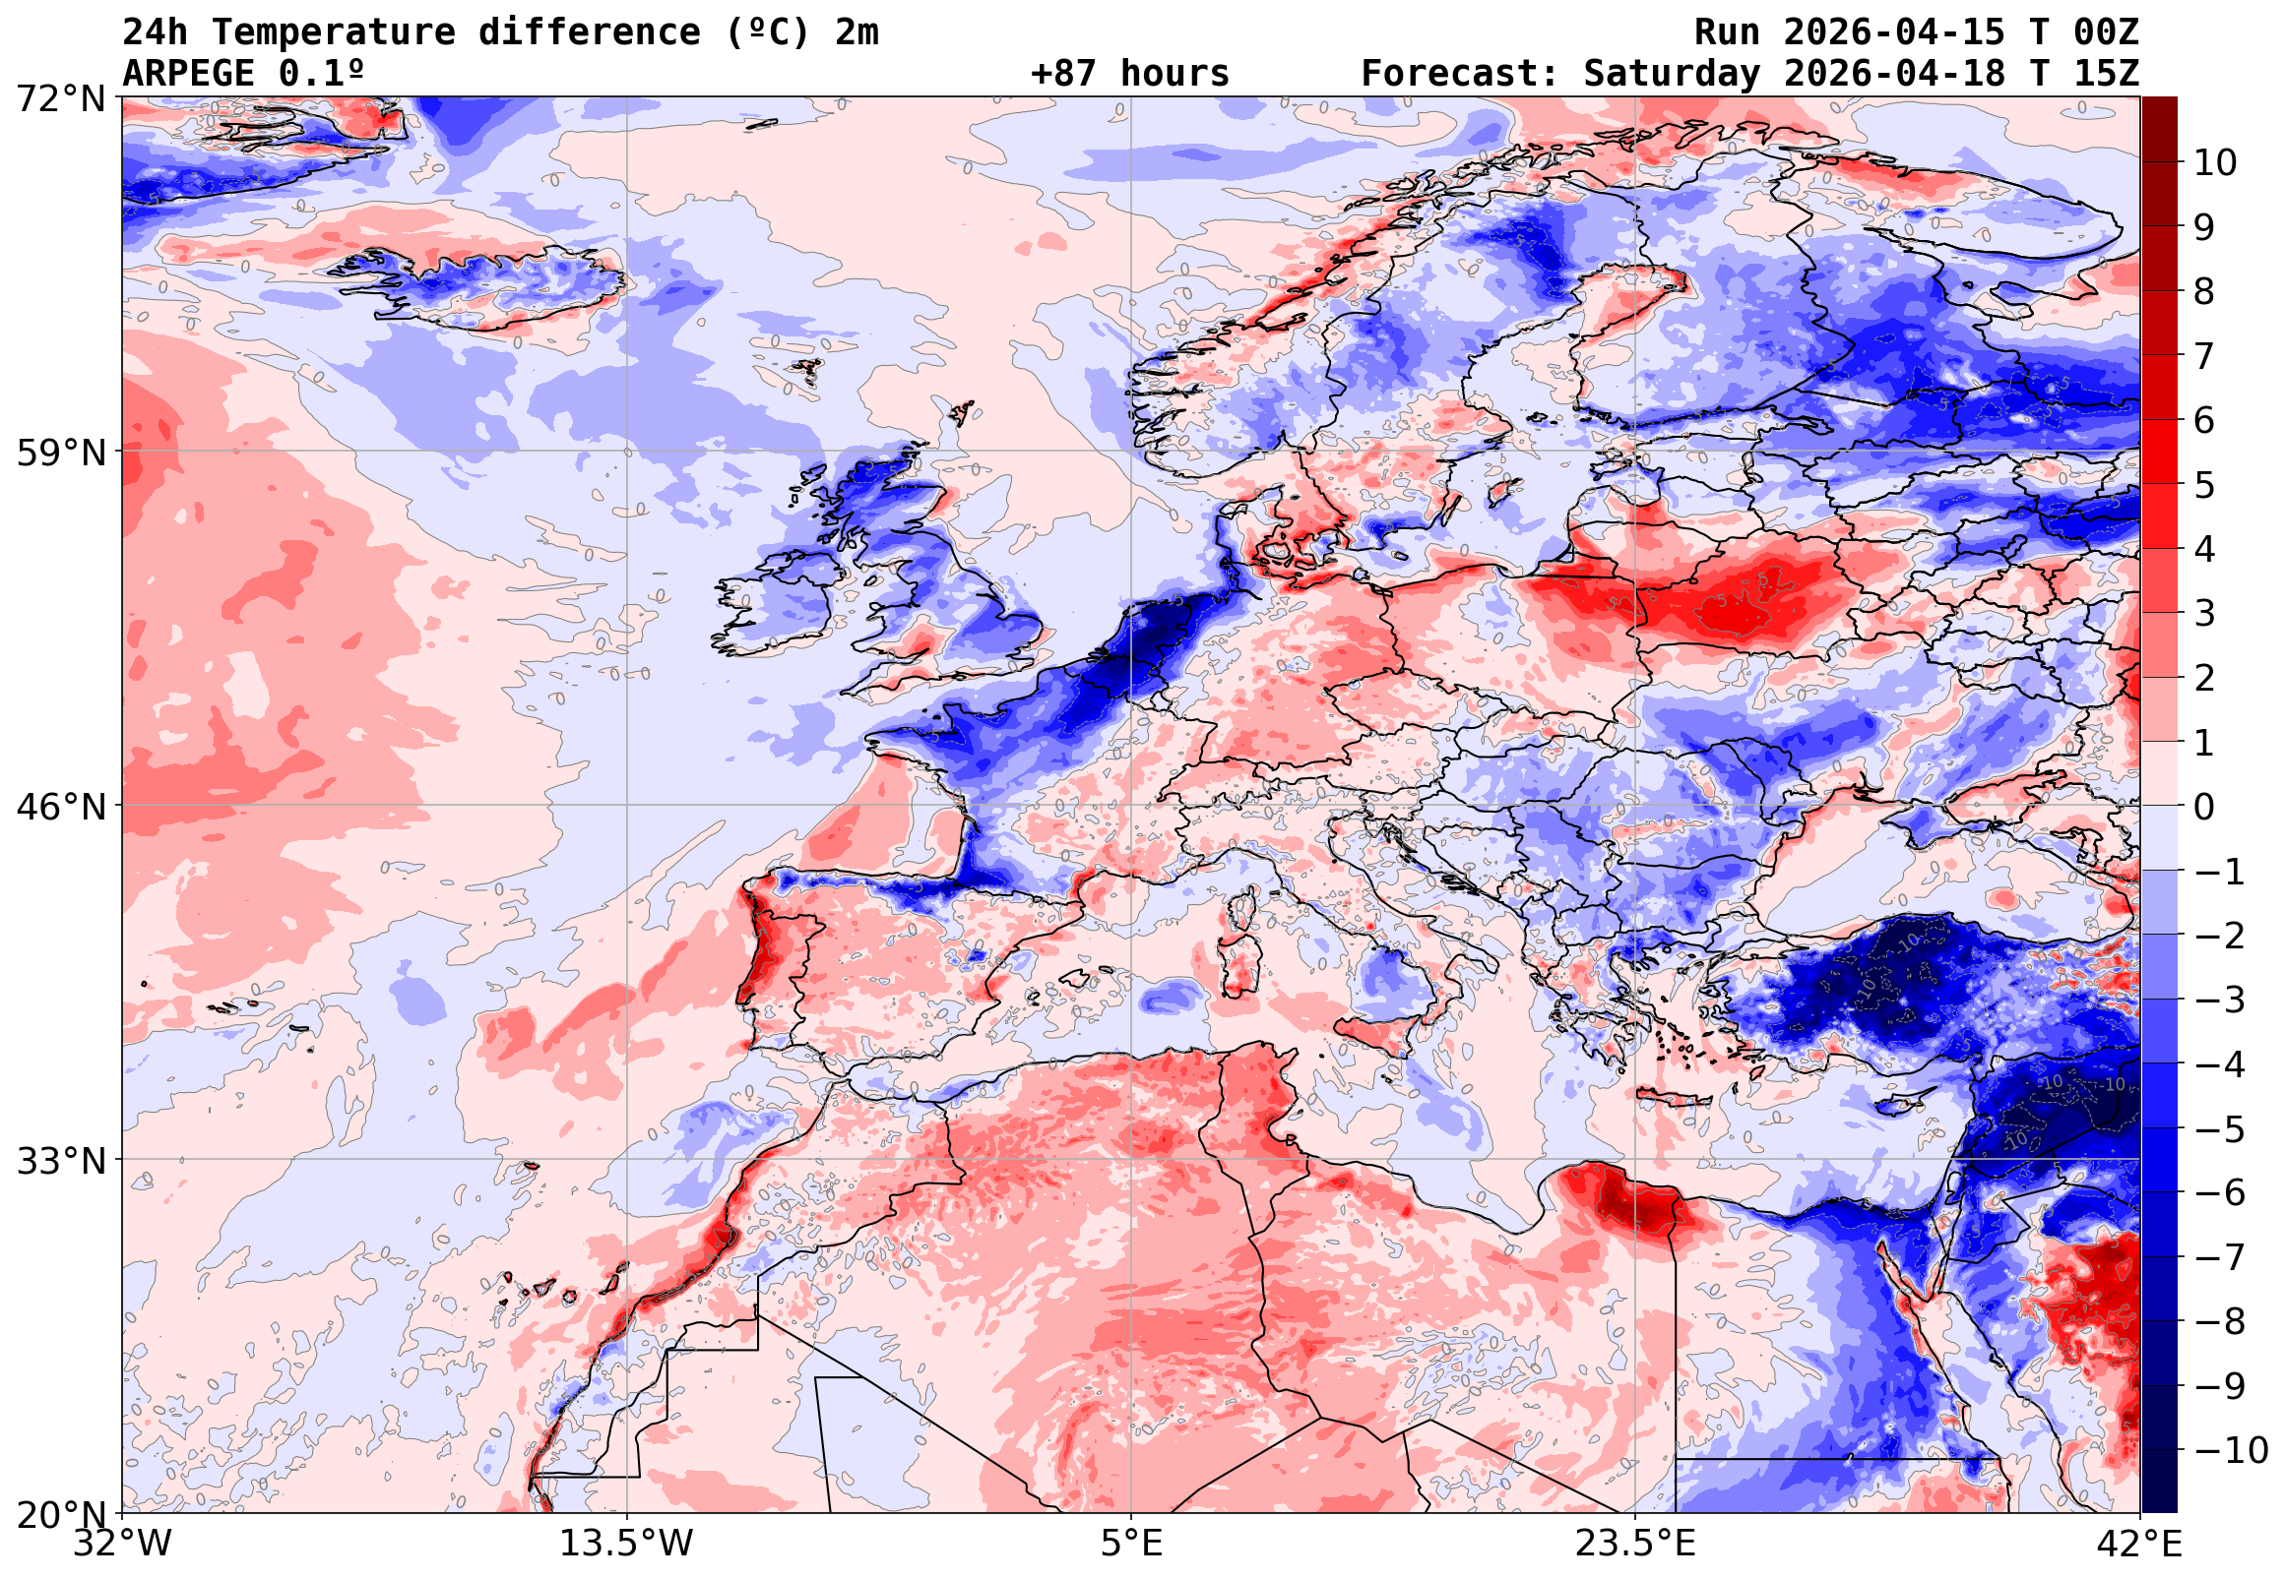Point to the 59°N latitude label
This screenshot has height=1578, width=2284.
(x=60, y=453)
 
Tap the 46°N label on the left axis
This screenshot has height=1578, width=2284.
(x=60, y=807)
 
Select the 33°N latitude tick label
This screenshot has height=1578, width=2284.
(x=60, y=1161)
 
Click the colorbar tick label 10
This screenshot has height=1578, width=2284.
(x=2215, y=163)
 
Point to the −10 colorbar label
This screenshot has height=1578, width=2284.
(x=2230, y=1450)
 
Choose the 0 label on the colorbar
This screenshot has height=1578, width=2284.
(x=2204, y=807)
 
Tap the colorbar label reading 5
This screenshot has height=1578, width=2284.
(x=2204, y=485)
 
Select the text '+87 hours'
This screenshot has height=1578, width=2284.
(x=1129, y=73)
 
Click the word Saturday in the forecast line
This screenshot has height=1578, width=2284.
(x=1672, y=73)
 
